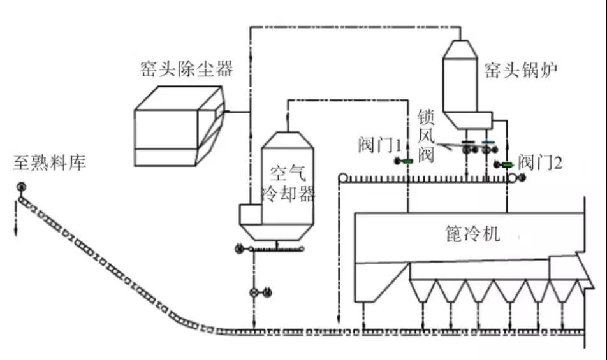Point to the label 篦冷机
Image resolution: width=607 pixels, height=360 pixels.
pos(472,234)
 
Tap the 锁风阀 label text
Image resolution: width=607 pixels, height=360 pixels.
pos(426,136)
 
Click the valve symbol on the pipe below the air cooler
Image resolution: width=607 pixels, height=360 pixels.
pos(255,292)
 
